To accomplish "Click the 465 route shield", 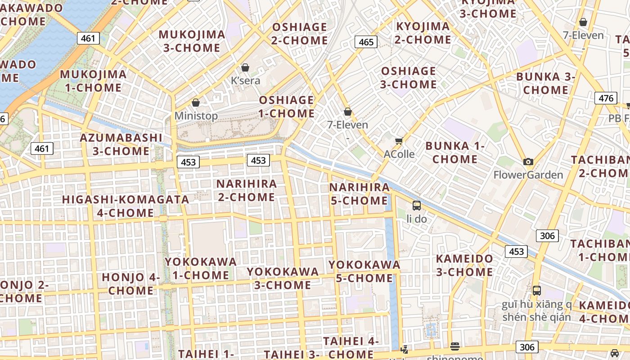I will point(366,42).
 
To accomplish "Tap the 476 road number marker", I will point(605,98).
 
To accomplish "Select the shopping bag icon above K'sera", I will point(245,68).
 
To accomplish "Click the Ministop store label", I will point(196,116).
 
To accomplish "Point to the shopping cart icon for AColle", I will point(399,142).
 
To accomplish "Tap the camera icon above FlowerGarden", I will point(528,162).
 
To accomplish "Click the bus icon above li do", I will point(417,206).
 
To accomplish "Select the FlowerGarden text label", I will point(528,175).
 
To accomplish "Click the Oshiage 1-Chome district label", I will point(287,107).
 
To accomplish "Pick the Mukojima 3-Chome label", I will point(192,41).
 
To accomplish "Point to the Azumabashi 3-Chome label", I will point(121,144).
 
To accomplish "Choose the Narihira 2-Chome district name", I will point(247,190).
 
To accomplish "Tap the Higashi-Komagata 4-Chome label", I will point(126,206).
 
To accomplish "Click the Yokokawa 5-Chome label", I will point(364,271).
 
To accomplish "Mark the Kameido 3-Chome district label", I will point(464,265).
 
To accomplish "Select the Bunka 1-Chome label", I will point(455,152).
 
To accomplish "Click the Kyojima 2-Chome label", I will point(423,33).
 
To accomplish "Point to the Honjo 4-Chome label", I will point(131,283).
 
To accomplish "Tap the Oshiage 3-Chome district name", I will point(409,77).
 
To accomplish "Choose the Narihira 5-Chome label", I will point(360,193).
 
